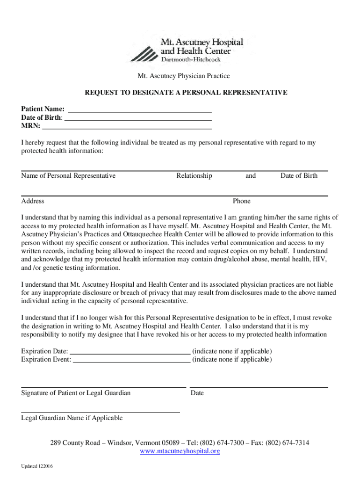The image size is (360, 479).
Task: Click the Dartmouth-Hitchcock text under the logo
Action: click(190, 59)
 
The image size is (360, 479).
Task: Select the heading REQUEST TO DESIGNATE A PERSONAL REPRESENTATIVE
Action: click(186, 93)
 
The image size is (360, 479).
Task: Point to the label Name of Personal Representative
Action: click(68, 176)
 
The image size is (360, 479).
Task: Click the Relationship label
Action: click(194, 176)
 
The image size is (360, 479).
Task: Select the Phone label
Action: click(242, 201)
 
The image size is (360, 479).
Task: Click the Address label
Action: click(33, 201)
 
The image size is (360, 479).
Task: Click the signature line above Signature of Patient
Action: click(103, 386)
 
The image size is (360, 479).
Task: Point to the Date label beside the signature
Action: click(197, 393)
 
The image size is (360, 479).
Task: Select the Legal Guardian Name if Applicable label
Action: click(72, 418)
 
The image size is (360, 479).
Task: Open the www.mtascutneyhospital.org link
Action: click(180, 451)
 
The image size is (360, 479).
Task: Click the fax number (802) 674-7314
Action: click(287, 443)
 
